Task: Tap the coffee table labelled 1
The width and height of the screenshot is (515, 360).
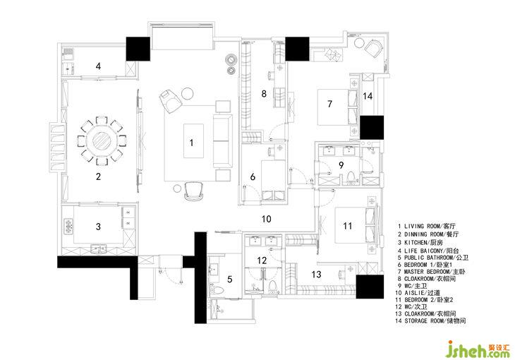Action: [193, 140]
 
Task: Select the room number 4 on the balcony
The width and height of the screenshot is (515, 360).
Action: [98, 66]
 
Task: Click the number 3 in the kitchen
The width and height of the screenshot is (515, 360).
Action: [98, 227]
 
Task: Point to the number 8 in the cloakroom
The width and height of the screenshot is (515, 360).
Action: [264, 94]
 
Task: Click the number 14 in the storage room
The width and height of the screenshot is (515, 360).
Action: [368, 96]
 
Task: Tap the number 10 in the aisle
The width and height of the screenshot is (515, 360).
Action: [267, 219]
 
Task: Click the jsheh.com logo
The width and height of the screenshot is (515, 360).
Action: [478, 349]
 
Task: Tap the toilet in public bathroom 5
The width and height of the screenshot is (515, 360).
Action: [217, 290]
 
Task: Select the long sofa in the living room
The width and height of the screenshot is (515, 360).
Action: [222, 140]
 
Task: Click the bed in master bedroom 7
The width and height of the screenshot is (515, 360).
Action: [337, 107]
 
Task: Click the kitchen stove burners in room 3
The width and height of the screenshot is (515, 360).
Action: [68, 226]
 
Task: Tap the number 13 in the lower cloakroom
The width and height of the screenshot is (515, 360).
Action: [316, 274]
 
